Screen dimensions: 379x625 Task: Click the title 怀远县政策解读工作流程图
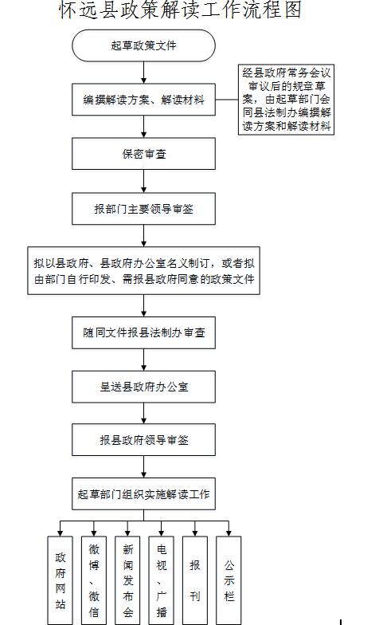coord(180,10)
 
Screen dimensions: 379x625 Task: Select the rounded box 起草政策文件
coord(143,45)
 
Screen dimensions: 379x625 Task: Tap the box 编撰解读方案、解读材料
coord(143,100)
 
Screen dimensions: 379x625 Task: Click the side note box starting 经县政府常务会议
coord(287,100)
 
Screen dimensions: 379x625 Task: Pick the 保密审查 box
coord(143,154)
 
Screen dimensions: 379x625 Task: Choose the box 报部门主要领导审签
coord(143,209)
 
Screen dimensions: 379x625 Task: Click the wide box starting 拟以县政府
coord(143,271)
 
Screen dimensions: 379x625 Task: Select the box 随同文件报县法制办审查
coord(143,333)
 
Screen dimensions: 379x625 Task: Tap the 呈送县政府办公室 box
coord(143,387)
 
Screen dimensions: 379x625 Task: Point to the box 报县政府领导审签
coord(143,440)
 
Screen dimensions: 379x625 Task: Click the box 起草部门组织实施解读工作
coord(143,494)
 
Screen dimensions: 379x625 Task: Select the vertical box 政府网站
coord(61,580)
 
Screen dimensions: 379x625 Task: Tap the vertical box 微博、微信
coord(94,580)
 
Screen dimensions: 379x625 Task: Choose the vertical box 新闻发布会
coord(127,580)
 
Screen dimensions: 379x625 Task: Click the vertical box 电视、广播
coord(161,580)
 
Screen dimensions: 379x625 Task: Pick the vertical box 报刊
coord(195,580)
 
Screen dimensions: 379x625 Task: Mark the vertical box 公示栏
coord(229,580)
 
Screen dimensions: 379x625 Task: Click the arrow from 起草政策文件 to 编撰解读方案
coord(143,73)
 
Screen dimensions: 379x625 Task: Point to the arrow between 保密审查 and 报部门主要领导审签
coord(143,182)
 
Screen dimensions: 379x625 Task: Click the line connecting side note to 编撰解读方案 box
coord(227,100)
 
